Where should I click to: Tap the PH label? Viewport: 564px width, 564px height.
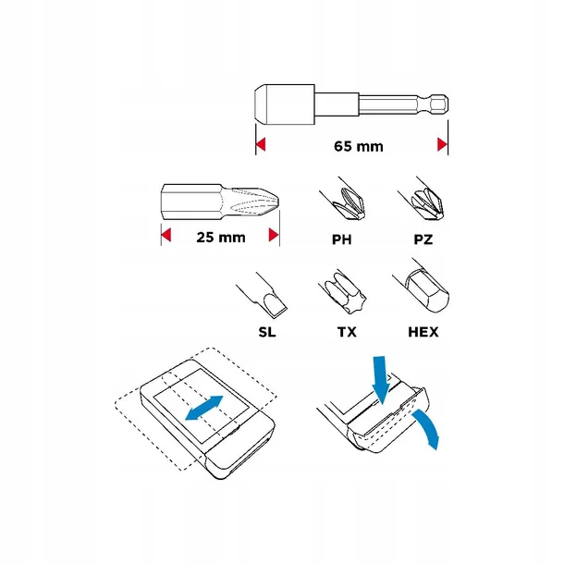point(343,238)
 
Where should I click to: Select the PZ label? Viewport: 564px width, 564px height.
point(425,238)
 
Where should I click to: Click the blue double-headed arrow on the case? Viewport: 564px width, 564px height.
point(204,408)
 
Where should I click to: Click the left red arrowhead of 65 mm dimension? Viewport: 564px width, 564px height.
point(260,145)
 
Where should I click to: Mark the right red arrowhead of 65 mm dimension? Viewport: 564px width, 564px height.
point(442,145)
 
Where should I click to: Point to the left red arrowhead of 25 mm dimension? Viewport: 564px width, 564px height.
point(166,236)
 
